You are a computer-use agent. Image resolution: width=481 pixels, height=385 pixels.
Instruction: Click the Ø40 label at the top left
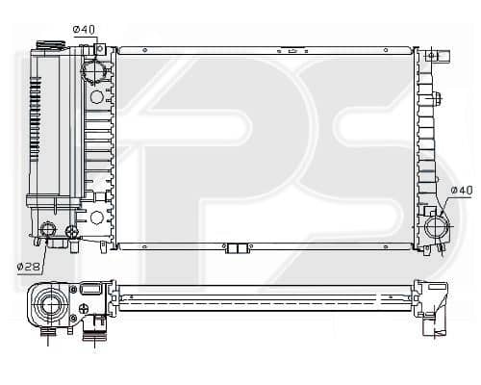[x=84, y=30]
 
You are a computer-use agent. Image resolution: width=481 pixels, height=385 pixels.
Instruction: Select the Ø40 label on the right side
[x=462, y=191]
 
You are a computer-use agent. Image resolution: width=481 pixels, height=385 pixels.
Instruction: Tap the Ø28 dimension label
[x=28, y=267]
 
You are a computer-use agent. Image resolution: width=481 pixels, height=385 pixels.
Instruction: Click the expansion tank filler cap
[x=51, y=44]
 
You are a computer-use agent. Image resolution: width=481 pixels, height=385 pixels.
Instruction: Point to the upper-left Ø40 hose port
[x=93, y=71]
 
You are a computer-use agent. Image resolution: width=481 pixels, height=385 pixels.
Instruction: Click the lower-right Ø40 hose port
[x=437, y=226]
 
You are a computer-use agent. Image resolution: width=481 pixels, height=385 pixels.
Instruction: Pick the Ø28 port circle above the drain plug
[x=48, y=229]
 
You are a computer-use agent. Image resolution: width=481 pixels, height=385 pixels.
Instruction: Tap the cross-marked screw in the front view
[x=71, y=231]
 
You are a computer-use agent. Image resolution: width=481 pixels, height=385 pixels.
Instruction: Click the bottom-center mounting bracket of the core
[x=238, y=248]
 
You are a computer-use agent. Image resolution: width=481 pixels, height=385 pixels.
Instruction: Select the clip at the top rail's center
[x=292, y=51]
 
